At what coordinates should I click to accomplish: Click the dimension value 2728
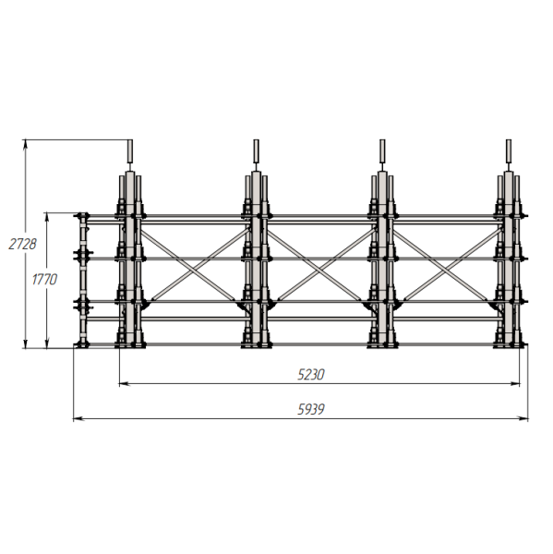click(x=22, y=244)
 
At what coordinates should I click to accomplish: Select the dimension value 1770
click(x=44, y=280)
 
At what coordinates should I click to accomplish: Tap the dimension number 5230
click(x=310, y=375)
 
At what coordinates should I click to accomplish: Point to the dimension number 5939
click(x=310, y=409)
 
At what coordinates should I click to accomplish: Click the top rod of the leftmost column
click(x=129, y=151)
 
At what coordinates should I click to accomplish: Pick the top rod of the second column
click(x=256, y=151)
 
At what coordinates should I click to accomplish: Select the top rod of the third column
click(x=382, y=151)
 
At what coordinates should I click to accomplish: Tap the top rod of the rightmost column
click(x=509, y=151)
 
